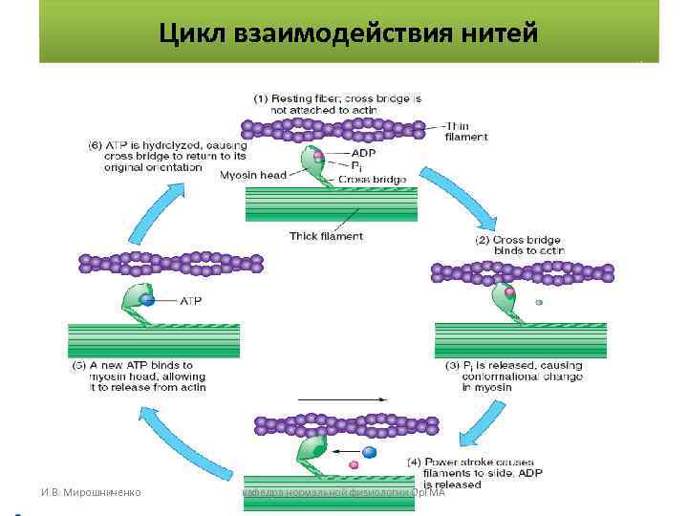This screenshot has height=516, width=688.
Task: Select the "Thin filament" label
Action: [x=466, y=131]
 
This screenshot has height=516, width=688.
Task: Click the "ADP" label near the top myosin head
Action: [x=364, y=152]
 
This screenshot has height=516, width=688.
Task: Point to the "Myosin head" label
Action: [x=252, y=175]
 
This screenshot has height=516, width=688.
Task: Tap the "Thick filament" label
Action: [x=326, y=235]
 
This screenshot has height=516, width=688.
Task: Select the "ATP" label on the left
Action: [x=190, y=300]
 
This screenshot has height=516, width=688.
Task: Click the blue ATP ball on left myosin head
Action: [x=147, y=299]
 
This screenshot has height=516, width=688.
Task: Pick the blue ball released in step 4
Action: [x=370, y=451]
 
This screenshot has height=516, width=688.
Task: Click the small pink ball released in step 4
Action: [x=354, y=464]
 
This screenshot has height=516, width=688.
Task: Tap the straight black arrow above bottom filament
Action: [x=342, y=398]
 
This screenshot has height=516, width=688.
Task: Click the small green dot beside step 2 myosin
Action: [x=539, y=302]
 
